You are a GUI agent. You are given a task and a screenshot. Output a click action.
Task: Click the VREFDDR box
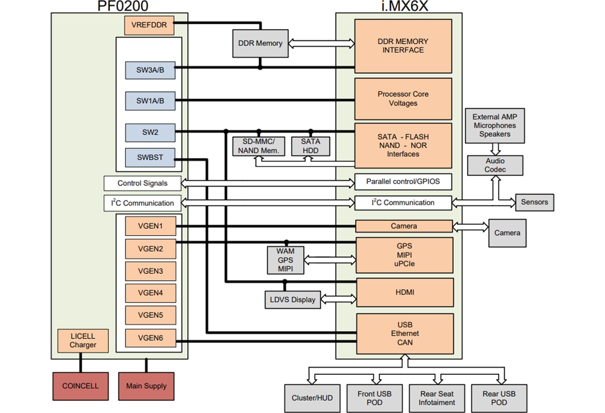click(149, 25)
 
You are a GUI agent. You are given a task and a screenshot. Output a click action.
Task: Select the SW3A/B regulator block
click(150, 71)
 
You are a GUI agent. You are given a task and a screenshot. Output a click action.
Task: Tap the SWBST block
click(150, 157)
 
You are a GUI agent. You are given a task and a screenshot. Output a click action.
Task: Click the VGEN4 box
click(150, 293)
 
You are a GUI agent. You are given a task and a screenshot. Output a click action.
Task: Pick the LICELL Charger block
click(83, 341)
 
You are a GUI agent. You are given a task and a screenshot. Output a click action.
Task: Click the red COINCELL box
click(80, 386)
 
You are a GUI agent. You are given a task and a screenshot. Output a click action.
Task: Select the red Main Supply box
click(146, 386)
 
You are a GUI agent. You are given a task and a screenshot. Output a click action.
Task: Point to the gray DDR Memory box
click(260, 43)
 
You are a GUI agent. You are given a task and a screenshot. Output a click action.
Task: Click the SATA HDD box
click(310, 146)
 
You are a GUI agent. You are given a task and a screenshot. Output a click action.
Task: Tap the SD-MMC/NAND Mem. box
click(258, 146)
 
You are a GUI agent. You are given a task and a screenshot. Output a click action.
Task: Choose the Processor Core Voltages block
click(403, 99)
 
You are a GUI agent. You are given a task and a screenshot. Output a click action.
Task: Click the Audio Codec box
click(495, 165)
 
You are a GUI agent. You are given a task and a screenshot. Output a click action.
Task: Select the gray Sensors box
click(534, 202)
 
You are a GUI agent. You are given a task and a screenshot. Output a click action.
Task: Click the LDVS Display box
click(291, 299)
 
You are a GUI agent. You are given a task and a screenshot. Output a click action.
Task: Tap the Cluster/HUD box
click(311, 398)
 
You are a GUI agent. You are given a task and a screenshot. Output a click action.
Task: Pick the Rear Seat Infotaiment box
click(438, 398)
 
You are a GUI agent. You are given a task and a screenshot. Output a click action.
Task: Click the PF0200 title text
click(119, 6)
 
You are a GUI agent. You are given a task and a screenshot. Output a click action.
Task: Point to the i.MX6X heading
click(398, 6)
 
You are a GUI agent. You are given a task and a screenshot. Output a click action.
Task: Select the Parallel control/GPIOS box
click(403, 182)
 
